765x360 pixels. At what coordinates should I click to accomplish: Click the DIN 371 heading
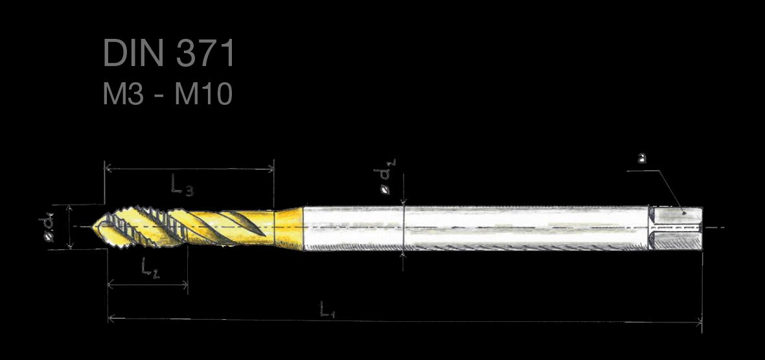(169, 53)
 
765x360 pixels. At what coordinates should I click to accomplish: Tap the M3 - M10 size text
(167, 94)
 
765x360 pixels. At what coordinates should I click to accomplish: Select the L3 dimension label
(181, 186)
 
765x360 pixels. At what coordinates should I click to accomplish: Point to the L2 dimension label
(150, 268)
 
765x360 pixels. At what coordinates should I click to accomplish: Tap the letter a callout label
(642, 158)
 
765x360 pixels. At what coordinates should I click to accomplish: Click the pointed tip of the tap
(94, 227)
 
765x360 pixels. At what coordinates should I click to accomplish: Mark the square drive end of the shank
(676, 229)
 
